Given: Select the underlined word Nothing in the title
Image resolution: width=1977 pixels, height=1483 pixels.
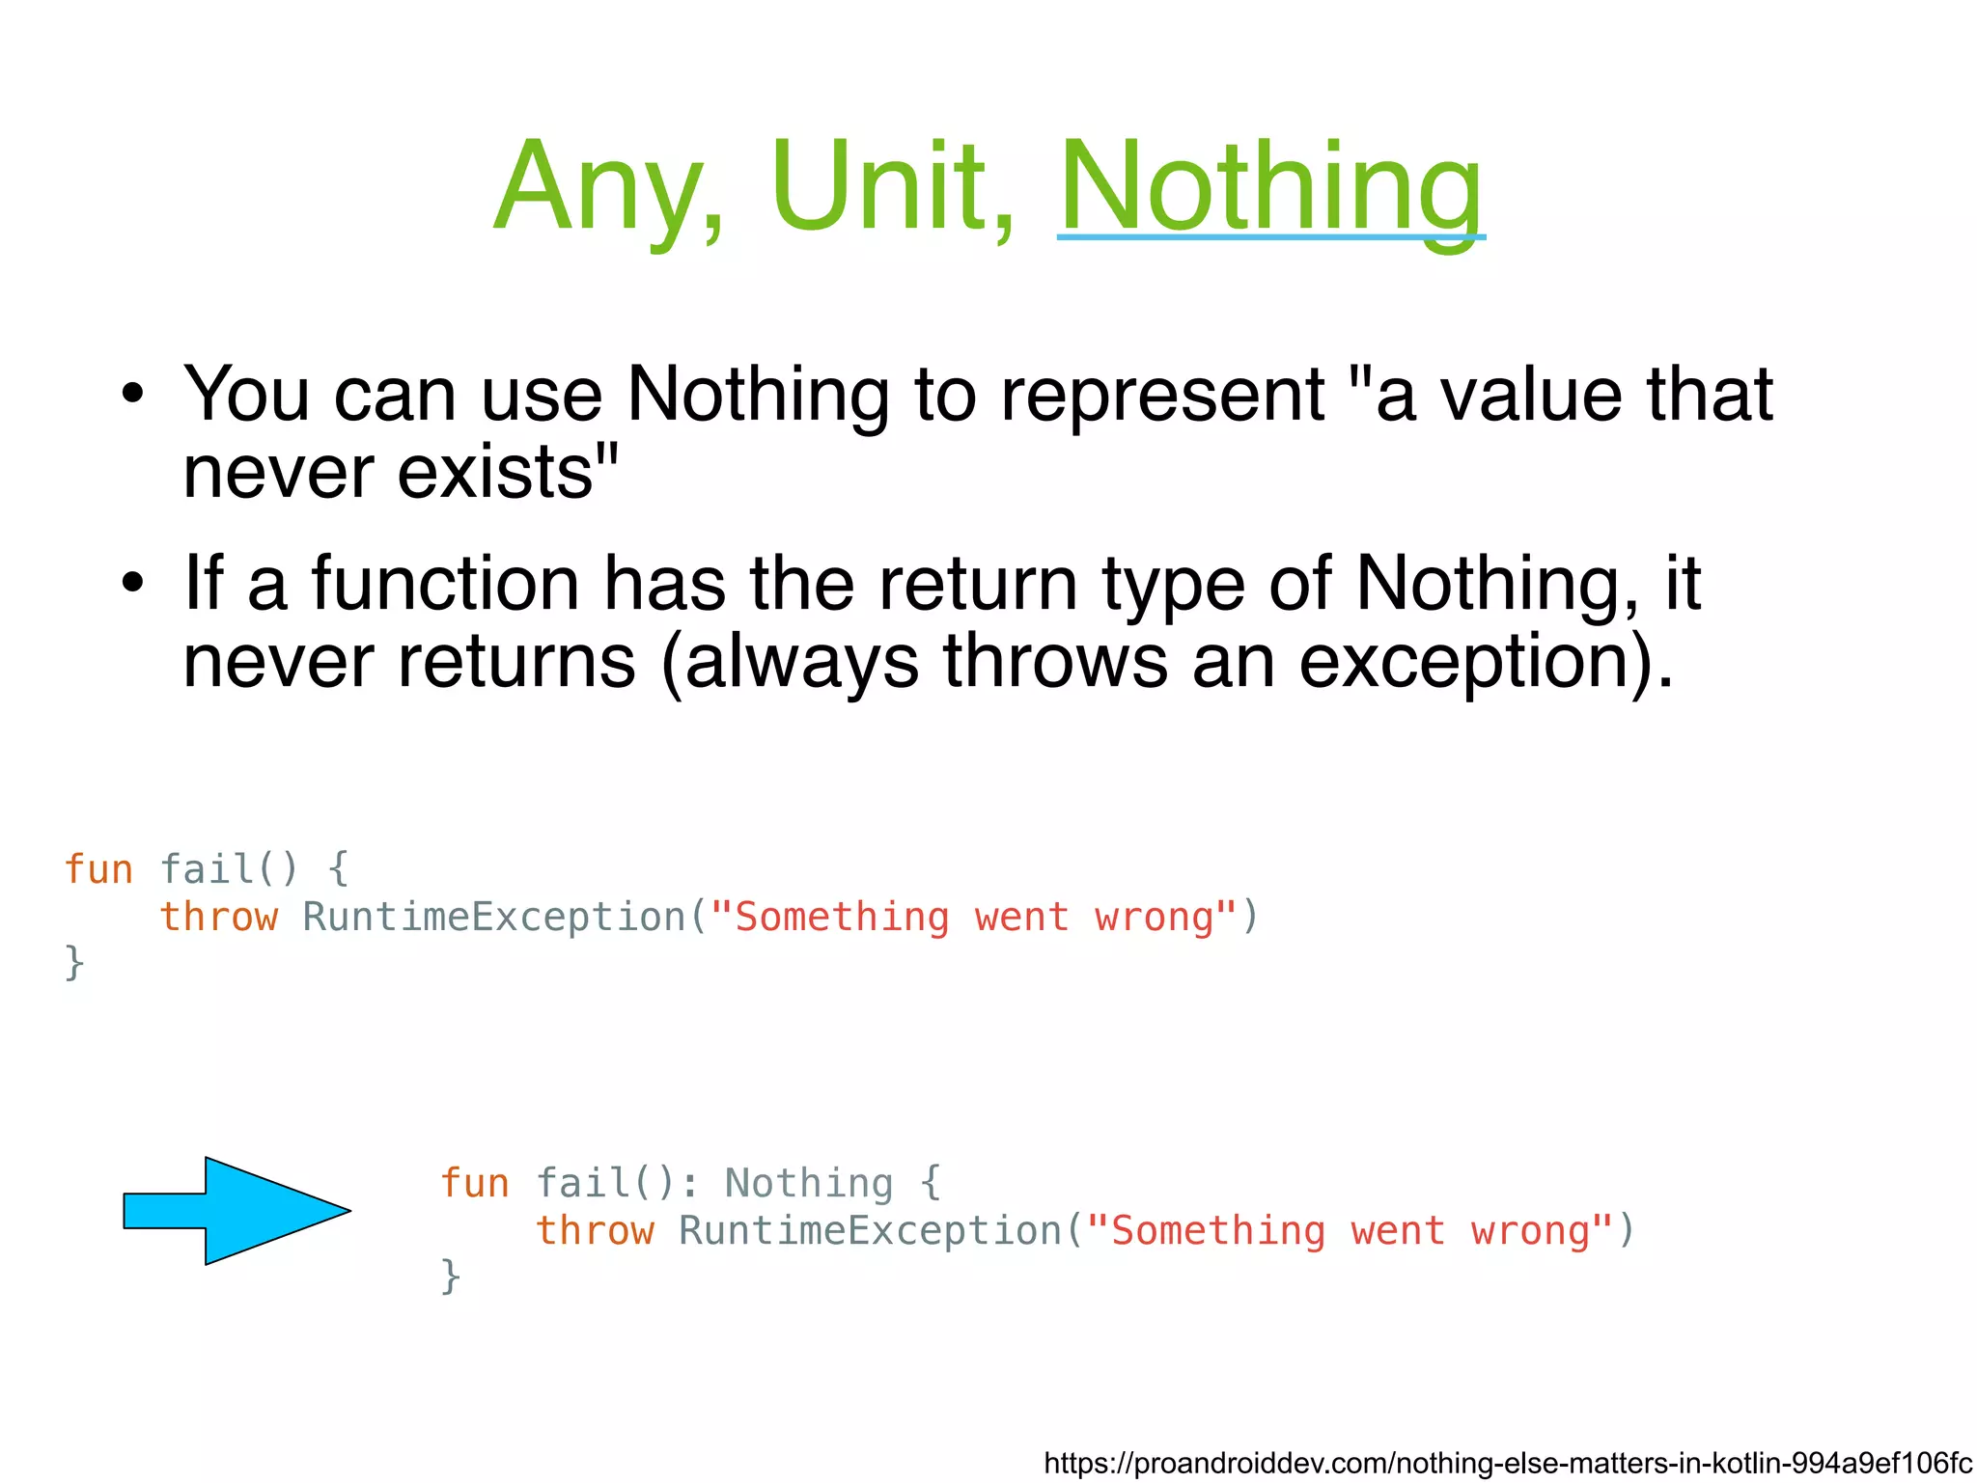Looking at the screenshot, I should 1270,188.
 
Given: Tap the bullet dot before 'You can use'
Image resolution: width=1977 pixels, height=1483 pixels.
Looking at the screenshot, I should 132,395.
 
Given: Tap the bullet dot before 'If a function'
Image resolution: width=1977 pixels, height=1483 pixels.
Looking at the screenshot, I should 132,584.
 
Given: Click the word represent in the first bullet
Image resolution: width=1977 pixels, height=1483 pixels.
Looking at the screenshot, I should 1161,396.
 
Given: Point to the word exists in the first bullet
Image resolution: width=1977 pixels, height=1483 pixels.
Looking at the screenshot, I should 507,472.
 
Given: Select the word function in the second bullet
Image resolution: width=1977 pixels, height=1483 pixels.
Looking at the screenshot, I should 445,584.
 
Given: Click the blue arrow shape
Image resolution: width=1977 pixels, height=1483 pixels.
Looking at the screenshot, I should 237,1211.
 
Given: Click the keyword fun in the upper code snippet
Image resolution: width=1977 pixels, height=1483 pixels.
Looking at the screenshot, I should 97,869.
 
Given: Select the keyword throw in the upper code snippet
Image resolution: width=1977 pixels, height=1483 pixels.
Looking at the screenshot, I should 218,917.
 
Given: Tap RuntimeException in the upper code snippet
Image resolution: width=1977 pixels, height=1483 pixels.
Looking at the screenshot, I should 493,917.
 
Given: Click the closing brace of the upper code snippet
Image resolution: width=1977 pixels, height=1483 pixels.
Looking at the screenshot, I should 74,963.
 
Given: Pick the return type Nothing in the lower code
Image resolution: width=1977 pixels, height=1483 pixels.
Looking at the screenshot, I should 809,1183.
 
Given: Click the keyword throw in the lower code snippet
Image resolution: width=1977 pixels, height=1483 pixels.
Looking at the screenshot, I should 595,1231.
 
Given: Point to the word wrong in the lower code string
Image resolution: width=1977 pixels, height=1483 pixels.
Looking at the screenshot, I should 1530,1231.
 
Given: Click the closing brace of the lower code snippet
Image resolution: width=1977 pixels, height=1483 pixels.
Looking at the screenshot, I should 451,1277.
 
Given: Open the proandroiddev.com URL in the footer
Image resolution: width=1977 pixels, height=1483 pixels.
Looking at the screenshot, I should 1508,1463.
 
